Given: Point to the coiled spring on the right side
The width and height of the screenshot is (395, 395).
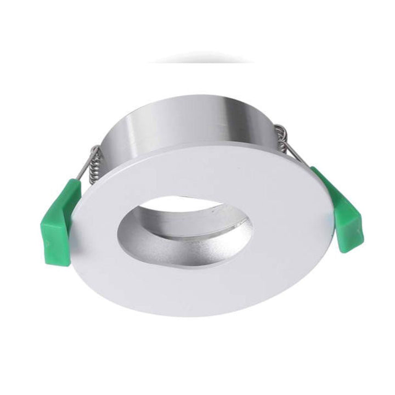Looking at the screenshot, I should [x=281, y=137].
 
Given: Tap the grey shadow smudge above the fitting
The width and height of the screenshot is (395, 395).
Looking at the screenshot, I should [x=203, y=57].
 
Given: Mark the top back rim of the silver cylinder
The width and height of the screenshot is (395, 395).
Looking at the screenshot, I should [x=203, y=99].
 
